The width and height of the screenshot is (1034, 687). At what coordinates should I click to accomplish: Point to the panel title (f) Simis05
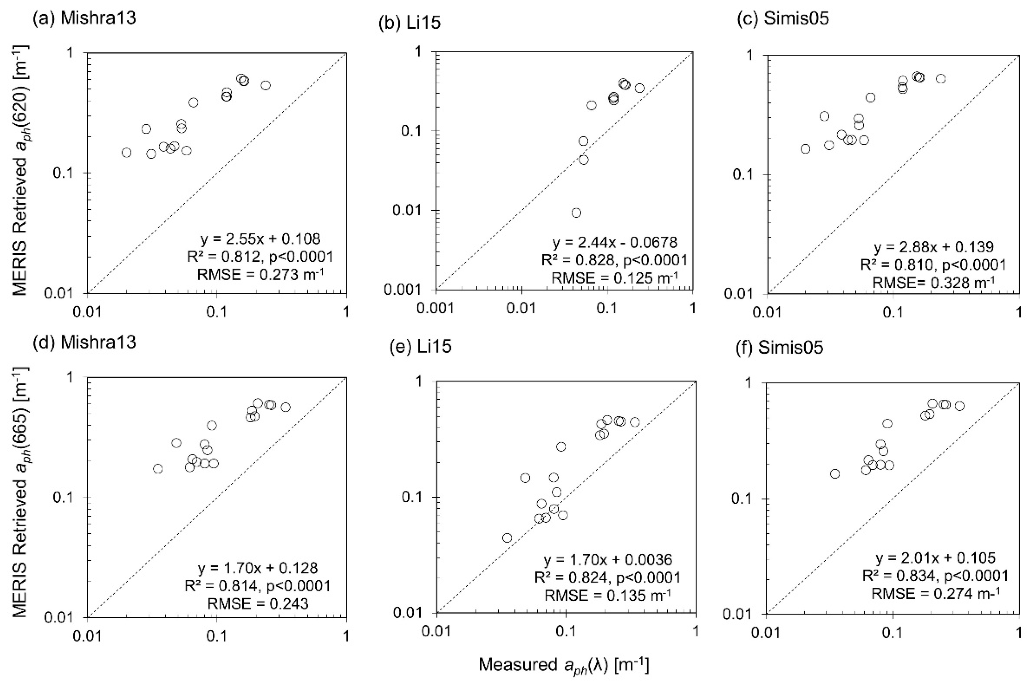[x=781, y=347]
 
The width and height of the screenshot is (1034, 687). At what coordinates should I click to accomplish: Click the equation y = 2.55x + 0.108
[x=260, y=239]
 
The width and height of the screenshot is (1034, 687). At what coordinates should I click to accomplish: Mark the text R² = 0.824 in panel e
[x=607, y=578]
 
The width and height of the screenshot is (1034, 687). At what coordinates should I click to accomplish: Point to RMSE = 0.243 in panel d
[x=258, y=604]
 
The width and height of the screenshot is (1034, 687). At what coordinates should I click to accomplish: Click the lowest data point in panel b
[x=577, y=213]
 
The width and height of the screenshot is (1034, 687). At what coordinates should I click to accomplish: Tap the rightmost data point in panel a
[x=266, y=85]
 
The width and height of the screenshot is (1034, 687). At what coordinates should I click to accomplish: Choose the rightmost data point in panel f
[x=960, y=406]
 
